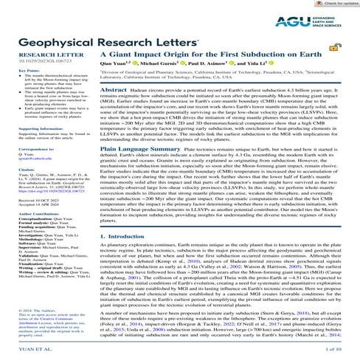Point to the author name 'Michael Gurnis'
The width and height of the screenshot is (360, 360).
(x=176, y=66)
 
